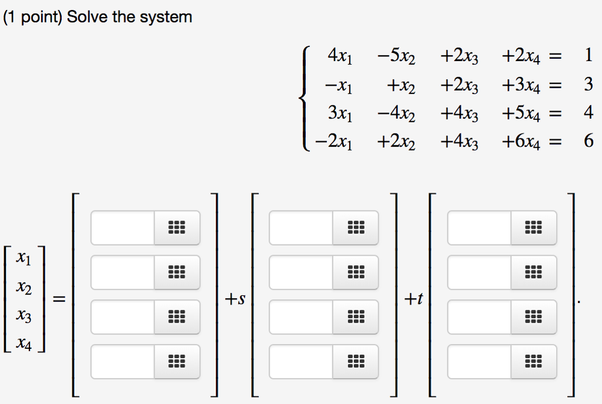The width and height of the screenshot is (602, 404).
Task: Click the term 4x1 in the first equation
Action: point(340,57)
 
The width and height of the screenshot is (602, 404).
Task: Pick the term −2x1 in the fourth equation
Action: point(334,142)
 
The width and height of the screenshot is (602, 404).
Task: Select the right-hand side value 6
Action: point(588,141)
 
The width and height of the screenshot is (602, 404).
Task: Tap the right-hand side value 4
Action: point(588,112)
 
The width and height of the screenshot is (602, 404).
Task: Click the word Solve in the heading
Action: point(87,17)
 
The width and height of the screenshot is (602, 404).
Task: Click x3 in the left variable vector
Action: point(25,317)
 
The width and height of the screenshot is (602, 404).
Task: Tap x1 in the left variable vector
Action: point(25,258)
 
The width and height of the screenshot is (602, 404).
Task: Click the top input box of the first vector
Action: point(123,228)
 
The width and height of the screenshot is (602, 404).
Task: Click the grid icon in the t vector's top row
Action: point(533,228)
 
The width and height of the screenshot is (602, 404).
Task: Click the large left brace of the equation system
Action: point(305,99)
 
